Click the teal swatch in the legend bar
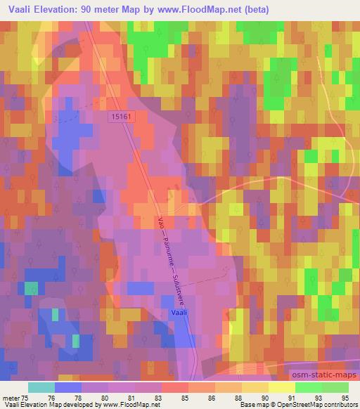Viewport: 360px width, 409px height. coord(41,387)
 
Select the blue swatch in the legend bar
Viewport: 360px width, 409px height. coord(68,387)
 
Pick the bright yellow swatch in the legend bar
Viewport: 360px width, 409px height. coord(281,387)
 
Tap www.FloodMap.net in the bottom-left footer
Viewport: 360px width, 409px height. coord(112,405)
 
